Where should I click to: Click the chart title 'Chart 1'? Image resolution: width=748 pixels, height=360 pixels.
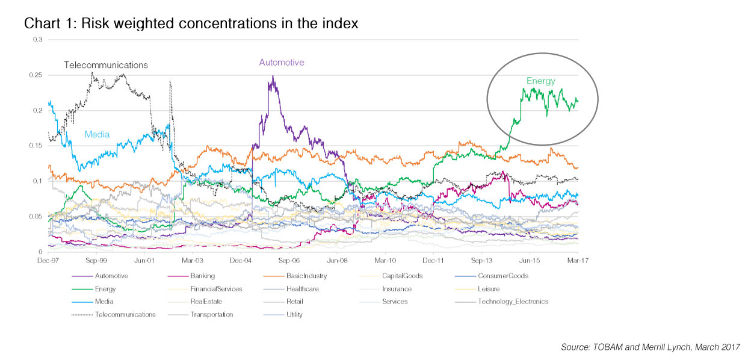tap(191, 23)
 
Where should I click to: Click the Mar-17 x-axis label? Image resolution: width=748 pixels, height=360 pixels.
tap(578, 261)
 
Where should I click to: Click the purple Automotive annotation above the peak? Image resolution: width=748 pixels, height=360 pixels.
tap(282, 62)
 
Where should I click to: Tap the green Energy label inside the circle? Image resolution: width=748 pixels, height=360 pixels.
tap(541, 81)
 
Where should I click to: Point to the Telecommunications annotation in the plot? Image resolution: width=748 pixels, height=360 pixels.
tap(106, 65)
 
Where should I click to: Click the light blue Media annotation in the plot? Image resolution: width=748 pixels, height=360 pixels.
tap(97, 134)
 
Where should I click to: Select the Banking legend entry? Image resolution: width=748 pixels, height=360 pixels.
tap(202, 276)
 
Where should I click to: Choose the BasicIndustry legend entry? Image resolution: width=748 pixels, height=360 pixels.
tap(305, 276)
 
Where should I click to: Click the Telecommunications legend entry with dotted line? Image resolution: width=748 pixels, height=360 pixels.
tap(125, 314)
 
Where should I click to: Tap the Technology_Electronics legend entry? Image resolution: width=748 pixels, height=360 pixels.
tap(513, 302)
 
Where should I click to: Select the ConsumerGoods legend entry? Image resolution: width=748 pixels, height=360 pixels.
tap(502, 276)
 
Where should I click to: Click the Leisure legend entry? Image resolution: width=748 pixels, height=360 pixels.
tap(487, 289)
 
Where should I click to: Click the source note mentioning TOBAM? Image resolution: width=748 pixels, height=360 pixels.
tap(650, 347)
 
